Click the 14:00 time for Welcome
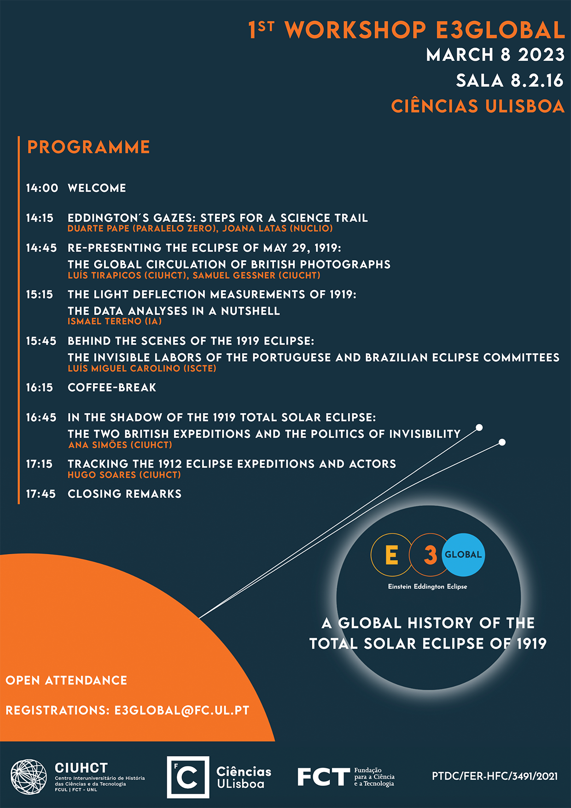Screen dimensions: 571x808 [42, 188]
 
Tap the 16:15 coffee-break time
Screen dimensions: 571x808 [40, 387]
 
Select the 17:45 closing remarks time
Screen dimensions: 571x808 [41, 494]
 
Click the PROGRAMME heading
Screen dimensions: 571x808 [88, 147]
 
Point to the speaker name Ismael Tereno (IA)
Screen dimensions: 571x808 [115, 322]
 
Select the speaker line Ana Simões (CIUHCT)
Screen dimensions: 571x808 [120, 445]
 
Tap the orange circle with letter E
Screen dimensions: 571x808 [391, 555]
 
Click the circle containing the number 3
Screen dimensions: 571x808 [430, 555]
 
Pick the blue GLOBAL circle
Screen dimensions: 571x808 [463, 555]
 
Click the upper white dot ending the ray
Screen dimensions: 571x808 [479, 427]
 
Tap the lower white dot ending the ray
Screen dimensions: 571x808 [502, 442]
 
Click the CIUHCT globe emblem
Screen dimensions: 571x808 [29, 777]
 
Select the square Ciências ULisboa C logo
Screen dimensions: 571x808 [188, 777]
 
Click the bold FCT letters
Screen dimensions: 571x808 [324, 777]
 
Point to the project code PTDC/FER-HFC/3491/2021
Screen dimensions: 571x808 [495, 777]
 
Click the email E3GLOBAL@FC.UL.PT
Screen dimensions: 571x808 [182, 710]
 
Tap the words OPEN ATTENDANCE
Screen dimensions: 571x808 [66, 680]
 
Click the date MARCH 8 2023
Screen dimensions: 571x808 [495, 55]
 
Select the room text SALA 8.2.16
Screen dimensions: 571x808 [510, 81]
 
